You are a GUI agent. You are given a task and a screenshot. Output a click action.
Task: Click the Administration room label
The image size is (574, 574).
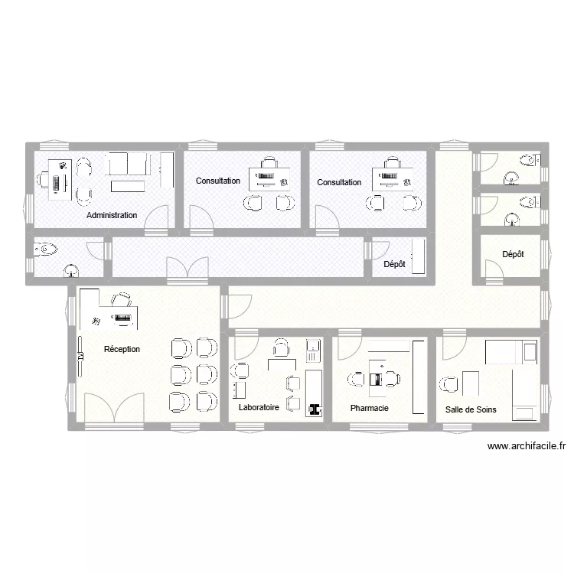[x=112, y=215]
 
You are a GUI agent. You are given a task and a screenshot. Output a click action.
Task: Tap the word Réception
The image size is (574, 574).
[x=122, y=349]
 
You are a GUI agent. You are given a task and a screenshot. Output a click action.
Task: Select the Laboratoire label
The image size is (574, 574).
[x=259, y=408]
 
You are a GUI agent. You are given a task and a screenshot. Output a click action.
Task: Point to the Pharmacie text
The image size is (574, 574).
[x=369, y=408]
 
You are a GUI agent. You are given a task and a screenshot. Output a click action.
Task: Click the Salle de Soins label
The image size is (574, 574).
[x=471, y=409]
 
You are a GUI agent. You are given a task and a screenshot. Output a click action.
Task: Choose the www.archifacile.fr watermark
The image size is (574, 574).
[x=525, y=447]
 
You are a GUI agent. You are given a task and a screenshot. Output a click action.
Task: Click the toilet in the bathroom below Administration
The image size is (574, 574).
[x=45, y=249]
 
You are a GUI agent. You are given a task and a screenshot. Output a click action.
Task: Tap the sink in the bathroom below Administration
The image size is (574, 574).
[x=70, y=269]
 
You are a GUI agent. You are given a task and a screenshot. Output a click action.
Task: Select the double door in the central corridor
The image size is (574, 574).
[x=188, y=266]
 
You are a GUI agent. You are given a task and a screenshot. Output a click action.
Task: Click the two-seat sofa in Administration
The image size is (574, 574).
[x=127, y=164]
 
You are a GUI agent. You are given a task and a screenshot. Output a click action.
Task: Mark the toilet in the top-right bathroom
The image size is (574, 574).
[x=528, y=161]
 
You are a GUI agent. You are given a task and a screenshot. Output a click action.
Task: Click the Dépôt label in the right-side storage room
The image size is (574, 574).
[x=513, y=254]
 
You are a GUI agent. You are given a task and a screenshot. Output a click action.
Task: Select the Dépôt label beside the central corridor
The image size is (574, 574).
[x=393, y=264]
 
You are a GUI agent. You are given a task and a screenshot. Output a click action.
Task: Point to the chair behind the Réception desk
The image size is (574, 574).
[x=121, y=299]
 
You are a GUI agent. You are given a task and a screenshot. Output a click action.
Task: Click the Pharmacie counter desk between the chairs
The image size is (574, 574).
[x=374, y=380]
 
